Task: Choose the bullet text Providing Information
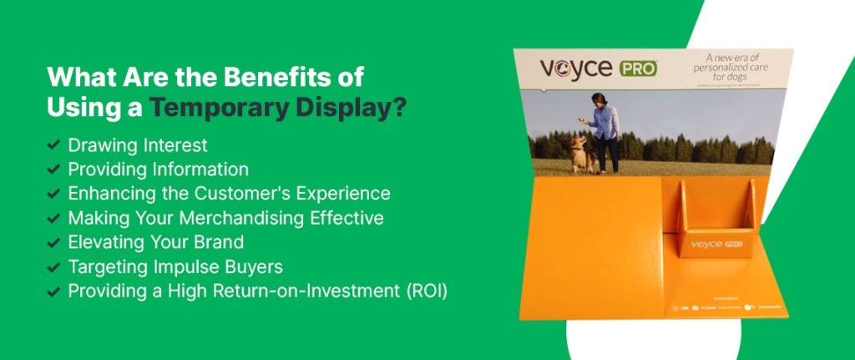click(158, 169)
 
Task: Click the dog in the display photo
click(579, 155)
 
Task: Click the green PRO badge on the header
click(638, 68)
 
